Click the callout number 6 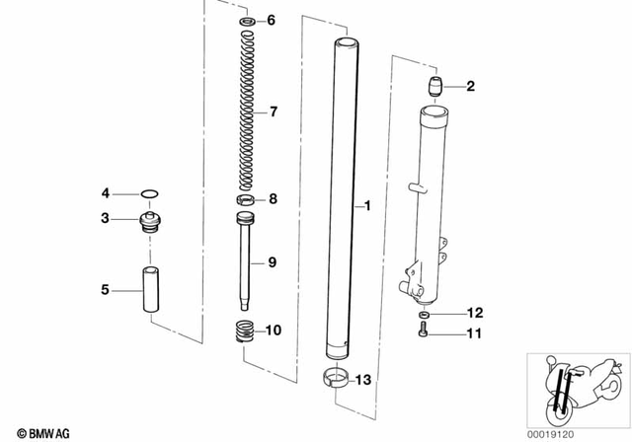pos(273,21)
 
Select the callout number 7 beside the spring pos(274,110)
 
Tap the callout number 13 pos(363,381)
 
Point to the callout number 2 pos(470,87)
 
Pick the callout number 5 pos(106,290)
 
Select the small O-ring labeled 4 pos(148,193)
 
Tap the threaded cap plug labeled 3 pos(151,223)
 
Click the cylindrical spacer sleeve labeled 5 pos(151,290)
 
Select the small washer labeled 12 pos(423,314)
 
